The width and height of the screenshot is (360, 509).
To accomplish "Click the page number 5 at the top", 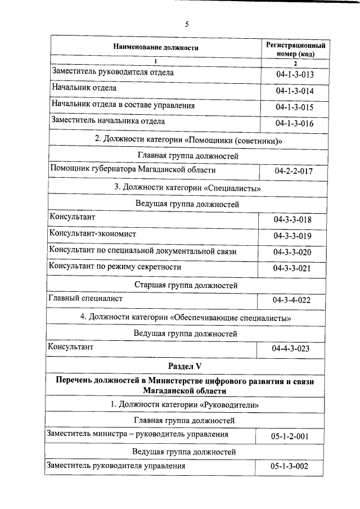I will click(187, 24).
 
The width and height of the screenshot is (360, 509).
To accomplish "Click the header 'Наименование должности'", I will click(156, 48).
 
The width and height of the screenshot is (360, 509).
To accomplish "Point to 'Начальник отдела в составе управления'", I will click(123, 105).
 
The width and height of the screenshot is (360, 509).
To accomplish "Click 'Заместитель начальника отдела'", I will click(108, 120).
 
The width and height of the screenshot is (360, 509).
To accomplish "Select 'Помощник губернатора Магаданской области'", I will click(133, 169).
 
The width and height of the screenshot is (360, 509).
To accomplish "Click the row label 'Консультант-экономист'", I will click(93, 233).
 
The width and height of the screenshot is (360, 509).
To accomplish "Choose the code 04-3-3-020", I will click(292, 252).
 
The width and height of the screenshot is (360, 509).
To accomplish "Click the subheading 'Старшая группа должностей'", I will click(187, 285).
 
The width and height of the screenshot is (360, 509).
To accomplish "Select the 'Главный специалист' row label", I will click(86, 299).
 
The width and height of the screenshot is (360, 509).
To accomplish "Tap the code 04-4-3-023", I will click(291, 349).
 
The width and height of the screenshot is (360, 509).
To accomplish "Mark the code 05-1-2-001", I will click(289, 436).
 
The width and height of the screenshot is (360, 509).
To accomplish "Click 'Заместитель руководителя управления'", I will click(116, 466).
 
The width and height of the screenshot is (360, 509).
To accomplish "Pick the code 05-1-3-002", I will click(289, 467).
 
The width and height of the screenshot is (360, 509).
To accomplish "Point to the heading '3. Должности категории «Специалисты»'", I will click(187, 187).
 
